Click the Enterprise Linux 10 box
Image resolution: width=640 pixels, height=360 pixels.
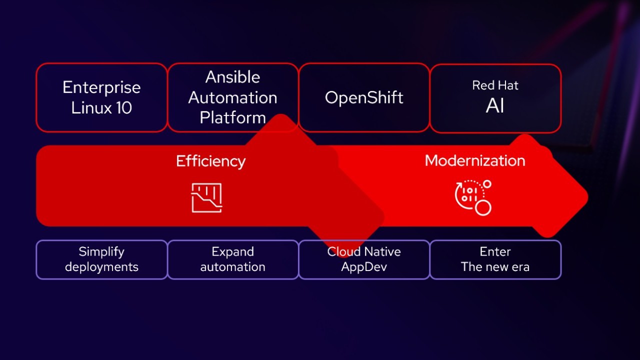click(101, 97)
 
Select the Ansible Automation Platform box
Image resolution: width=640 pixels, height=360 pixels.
click(232, 97)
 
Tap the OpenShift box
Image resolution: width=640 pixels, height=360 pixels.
click(364, 97)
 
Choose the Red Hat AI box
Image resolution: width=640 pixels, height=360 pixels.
click(495, 98)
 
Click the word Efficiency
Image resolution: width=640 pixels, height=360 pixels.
click(210, 161)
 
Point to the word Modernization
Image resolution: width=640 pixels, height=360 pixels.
click(474, 160)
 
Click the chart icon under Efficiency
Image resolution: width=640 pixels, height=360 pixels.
click(206, 197)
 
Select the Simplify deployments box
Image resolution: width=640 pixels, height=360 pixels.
click(101, 259)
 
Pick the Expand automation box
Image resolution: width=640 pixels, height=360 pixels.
click(232, 259)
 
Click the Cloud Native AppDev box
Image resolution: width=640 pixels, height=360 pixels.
click(364, 259)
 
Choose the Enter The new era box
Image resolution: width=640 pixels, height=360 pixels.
click(495, 259)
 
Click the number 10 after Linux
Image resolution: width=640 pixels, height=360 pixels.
click(122, 108)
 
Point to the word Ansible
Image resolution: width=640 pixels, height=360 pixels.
click(232, 77)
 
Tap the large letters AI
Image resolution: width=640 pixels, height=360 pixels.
click(495, 106)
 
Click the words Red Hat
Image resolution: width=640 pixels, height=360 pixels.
click(495, 85)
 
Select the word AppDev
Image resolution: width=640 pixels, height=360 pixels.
click(364, 267)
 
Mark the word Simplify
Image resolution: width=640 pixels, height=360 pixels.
click(101, 251)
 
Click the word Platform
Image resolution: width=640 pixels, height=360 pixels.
click(232, 118)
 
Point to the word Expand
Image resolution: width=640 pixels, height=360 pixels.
click(232, 251)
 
